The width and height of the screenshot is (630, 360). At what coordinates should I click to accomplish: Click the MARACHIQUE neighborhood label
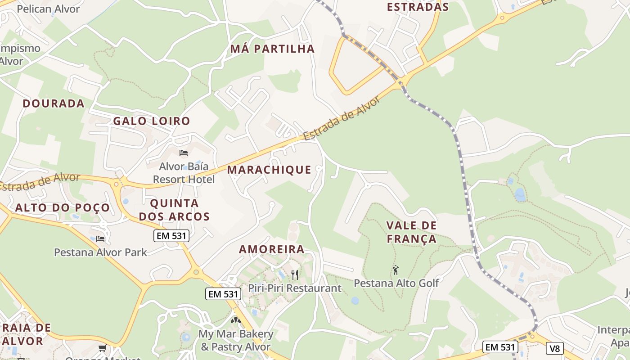click(269, 170)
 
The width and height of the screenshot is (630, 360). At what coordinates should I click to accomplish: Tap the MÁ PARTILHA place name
click(272, 49)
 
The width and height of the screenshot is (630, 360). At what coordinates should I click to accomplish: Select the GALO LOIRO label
click(152, 121)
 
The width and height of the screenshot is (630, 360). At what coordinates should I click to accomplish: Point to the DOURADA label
click(54, 103)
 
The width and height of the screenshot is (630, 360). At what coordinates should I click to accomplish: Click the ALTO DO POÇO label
click(63, 207)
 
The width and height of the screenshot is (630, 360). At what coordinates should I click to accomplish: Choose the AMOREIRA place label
click(271, 249)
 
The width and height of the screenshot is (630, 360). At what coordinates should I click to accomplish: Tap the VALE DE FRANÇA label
click(412, 232)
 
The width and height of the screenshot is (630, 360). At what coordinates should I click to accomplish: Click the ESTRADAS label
click(418, 7)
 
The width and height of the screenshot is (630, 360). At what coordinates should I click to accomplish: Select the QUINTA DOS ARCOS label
click(174, 210)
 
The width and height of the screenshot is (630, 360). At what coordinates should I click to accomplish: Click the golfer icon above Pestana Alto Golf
click(396, 270)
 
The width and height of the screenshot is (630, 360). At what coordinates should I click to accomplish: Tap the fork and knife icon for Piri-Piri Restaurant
click(295, 274)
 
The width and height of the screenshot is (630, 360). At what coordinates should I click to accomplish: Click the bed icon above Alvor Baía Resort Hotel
click(183, 153)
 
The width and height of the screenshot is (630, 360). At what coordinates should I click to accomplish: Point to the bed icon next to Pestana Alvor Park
click(100, 238)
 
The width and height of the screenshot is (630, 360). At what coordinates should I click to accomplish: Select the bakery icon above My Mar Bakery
click(235, 321)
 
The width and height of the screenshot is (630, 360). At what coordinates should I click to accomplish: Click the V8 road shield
click(554, 348)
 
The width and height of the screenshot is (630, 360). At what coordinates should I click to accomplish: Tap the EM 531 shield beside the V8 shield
click(500, 347)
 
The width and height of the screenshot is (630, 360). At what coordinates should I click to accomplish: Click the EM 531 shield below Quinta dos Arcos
click(171, 235)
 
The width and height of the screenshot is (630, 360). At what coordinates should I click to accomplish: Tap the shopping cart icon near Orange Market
click(103, 348)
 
